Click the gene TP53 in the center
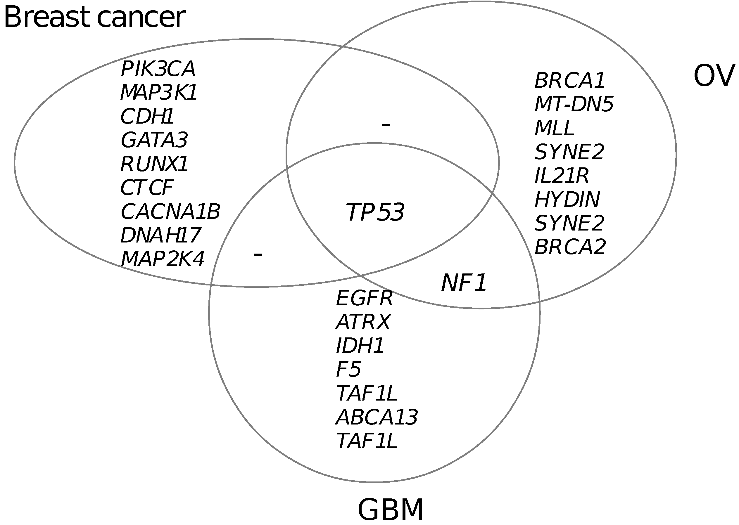[375, 212]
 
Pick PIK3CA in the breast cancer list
[158, 69]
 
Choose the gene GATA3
[154, 140]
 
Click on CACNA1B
[170, 212]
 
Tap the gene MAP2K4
[163, 259]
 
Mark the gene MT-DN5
[574, 104]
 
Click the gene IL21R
[562, 176]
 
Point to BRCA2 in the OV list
[570, 247]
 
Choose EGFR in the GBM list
[364, 298]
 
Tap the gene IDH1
[360, 345]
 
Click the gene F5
[348, 369]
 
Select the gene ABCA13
[377, 417]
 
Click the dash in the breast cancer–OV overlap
[386, 124]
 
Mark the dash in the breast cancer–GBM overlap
[258, 254]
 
